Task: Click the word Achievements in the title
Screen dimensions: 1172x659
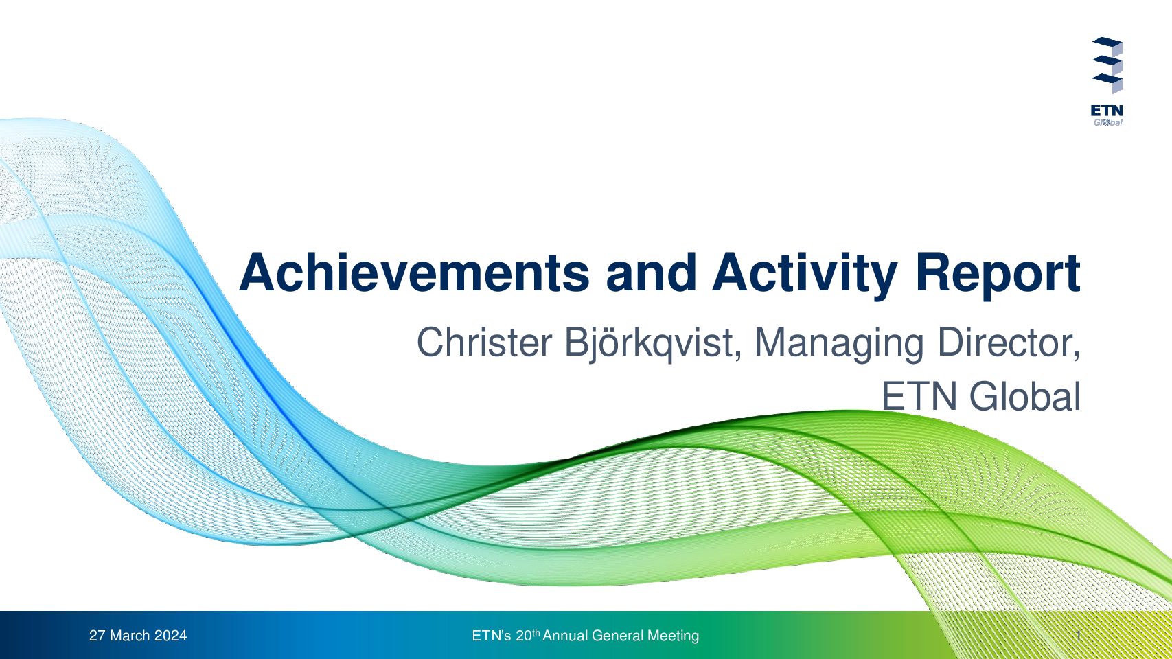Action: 414,273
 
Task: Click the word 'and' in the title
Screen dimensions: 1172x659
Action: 651,273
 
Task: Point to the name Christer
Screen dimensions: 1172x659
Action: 483,343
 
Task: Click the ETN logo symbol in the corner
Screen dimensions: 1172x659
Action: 1107,65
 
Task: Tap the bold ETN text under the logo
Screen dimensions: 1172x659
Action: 1107,111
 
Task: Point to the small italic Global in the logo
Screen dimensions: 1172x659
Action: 1107,122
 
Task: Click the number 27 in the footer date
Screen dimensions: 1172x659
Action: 97,636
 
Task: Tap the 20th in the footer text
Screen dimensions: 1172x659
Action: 527,635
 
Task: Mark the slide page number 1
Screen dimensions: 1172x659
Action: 1079,636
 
